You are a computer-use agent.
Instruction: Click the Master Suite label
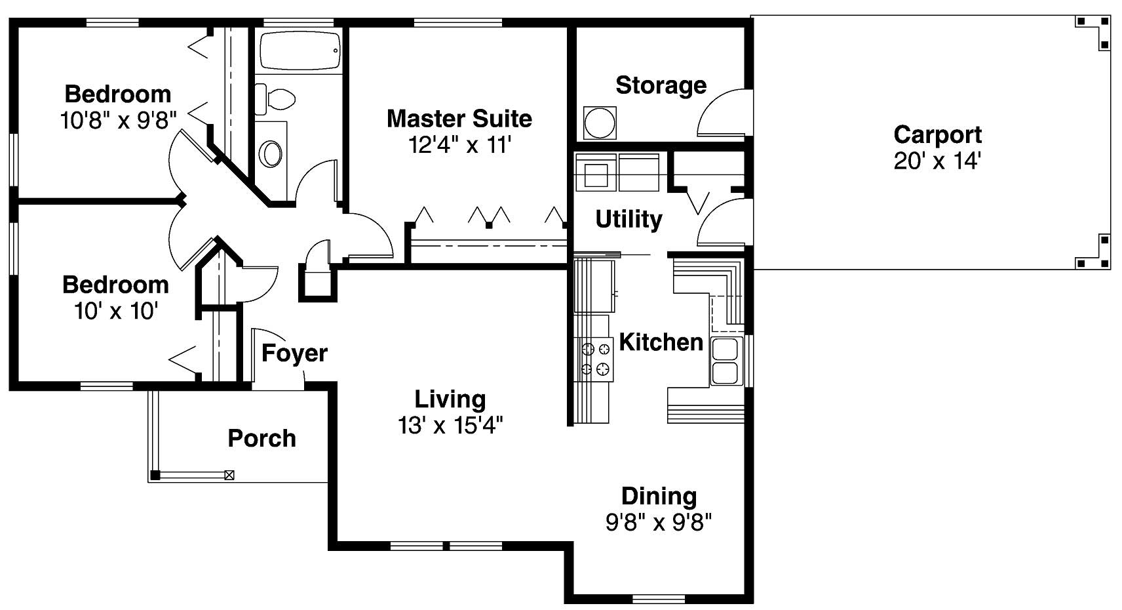459,119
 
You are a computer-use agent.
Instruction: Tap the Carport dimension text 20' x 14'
937,161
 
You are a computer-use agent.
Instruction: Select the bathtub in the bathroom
301,50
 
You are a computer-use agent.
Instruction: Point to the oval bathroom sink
271,155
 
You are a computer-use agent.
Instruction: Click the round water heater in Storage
599,123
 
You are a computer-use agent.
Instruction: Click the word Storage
661,85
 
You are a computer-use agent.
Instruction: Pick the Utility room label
629,219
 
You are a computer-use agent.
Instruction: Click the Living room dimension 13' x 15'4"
450,426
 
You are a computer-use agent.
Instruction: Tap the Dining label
659,496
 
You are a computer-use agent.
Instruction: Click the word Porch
261,438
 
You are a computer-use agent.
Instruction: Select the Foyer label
294,353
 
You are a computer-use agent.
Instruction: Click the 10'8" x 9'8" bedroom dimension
118,121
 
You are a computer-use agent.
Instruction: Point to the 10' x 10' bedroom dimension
115,311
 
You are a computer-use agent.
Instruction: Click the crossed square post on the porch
229,475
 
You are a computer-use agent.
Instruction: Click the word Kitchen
661,342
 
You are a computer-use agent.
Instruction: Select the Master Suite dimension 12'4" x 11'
459,145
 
